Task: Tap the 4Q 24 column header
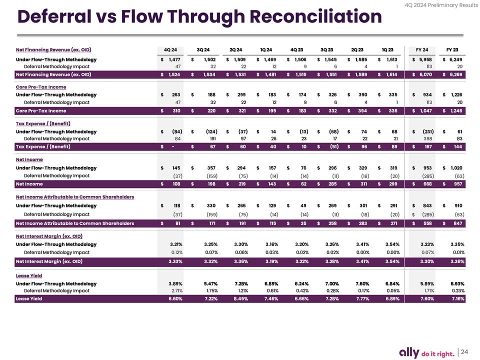(170, 49)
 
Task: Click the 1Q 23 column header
(387, 49)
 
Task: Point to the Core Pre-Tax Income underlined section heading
(41, 87)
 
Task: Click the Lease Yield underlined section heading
(29, 275)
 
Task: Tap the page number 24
(464, 351)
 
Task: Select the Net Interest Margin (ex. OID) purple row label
(49, 261)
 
